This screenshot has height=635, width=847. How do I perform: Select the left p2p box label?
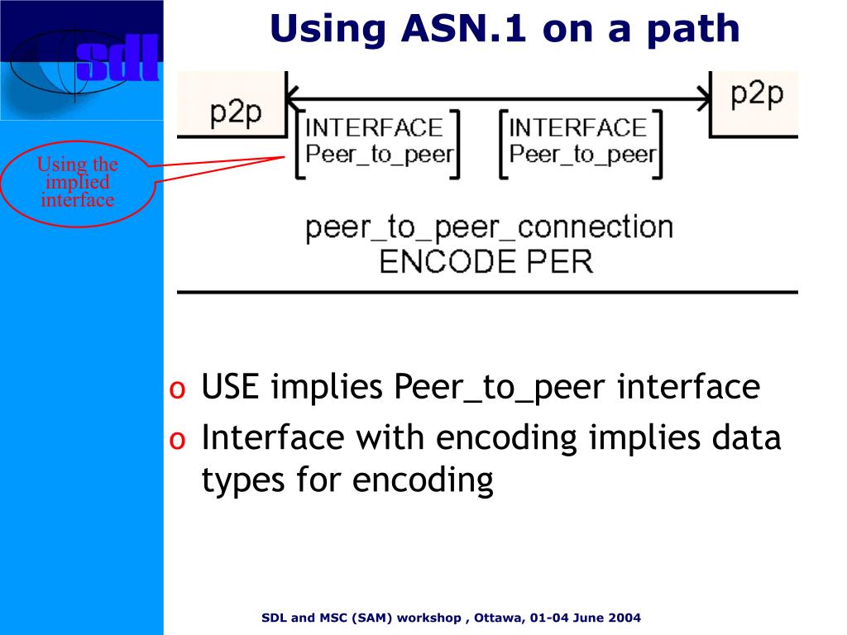click(x=235, y=112)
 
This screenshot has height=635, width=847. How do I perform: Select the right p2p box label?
click(x=757, y=93)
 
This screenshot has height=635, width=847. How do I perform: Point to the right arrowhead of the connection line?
click(x=704, y=99)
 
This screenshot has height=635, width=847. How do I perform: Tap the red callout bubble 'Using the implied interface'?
click(x=78, y=183)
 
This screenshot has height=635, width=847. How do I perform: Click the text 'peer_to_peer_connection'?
click(x=489, y=227)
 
